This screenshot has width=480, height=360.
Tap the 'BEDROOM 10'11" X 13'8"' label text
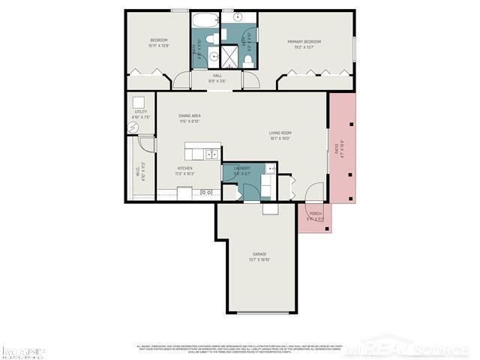point(158,43)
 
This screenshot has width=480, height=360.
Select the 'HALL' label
point(217,76)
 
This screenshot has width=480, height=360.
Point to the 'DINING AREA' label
point(189,115)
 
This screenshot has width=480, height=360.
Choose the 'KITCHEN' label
point(184,168)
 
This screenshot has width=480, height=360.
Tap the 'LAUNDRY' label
point(241,168)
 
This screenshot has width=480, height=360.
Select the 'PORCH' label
point(316,214)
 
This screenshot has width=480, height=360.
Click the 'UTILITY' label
point(140,112)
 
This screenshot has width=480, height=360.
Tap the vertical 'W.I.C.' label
point(138,171)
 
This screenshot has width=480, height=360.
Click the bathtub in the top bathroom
point(204,20)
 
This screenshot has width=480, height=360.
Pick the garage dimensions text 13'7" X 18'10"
point(259,260)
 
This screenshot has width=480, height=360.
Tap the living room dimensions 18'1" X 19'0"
point(280,139)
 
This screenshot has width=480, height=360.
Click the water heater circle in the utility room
point(133,127)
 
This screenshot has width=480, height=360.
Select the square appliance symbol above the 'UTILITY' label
point(139,103)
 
